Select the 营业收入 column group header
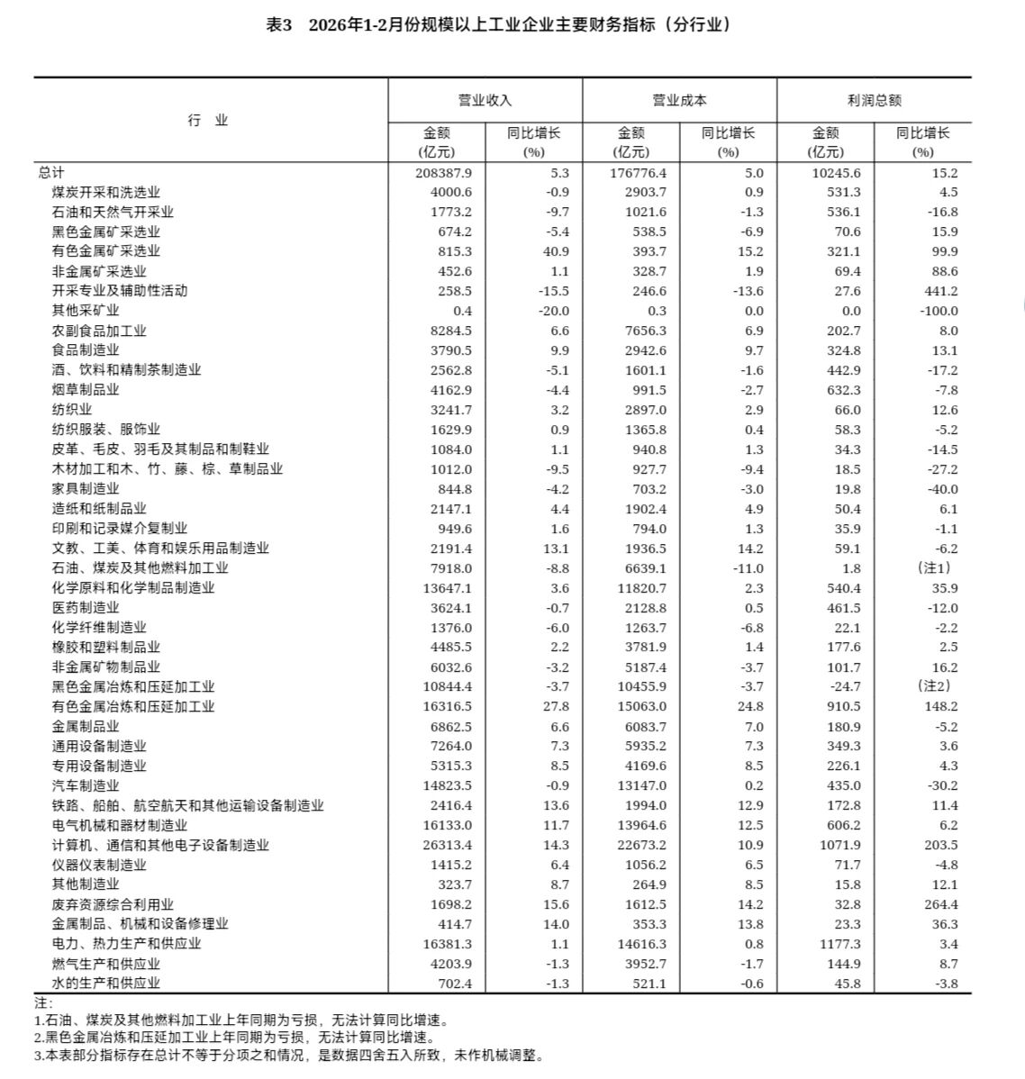485,101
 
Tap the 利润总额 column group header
874,101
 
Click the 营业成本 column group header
679,101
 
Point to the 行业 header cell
208,121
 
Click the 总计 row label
51,172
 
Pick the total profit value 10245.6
837,172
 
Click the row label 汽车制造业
86,785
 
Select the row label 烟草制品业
86,390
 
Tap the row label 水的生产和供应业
106,984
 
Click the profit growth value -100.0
938,311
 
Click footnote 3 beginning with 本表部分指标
288,1056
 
